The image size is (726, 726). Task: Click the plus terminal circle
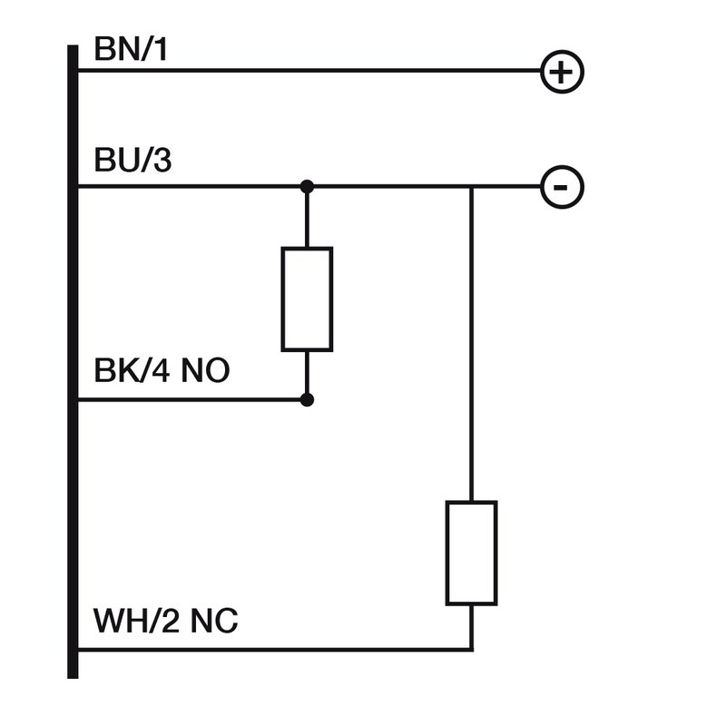pyautogui.click(x=563, y=72)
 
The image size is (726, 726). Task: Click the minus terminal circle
pyautogui.click(x=563, y=188)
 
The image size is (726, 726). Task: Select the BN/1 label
pyautogui.click(x=131, y=50)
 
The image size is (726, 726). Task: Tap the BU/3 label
pyautogui.click(x=132, y=163)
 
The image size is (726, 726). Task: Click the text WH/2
pyautogui.click(x=137, y=622)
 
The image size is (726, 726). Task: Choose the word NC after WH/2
pyautogui.click(x=215, y=622)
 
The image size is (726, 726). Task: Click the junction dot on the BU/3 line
pyautogui.click(x=308, y=187)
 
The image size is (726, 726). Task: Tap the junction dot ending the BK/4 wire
pyautogui.click(x=308, y=399)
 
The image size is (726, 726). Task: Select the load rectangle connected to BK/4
pyautogui.click(x=307, y=299)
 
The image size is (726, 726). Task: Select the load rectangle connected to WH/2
pyautogui.click(x=471, y=553)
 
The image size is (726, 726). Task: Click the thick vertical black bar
pyautogui.click(x=73, y=363)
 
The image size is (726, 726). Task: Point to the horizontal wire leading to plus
pyautogui.click(x=309, y=71)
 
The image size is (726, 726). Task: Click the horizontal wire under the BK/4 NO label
pyautogui.click(x=191, y=399)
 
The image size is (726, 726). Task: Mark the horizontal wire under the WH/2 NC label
pyautogui.click(x=272, y=650)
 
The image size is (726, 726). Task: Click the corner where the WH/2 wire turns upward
pyautogui.click(x=471, y=650)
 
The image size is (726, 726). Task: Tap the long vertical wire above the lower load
pyautogui.click(x=471, y=345)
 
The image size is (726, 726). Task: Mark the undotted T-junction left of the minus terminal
pyautogui.click(x=471, y=188)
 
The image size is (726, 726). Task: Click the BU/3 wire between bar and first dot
pyautogui.click(x=191, y=187)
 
